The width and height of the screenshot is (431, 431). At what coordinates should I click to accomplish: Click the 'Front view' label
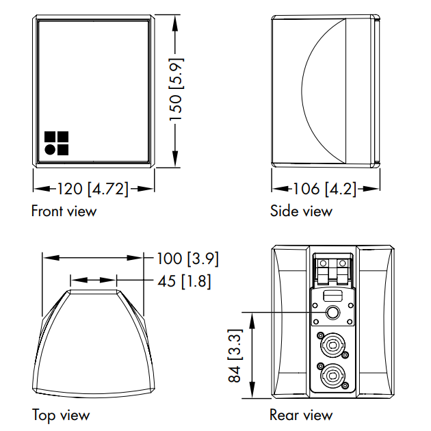64,211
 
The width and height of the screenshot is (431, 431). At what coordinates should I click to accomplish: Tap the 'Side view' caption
301,211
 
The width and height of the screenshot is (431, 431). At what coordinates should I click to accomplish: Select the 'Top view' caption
60,415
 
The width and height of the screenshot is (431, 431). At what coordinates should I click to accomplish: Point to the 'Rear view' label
301,415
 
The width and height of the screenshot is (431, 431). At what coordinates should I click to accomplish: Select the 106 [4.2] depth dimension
325,190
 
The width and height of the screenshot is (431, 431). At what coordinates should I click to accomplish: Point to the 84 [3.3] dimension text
235,356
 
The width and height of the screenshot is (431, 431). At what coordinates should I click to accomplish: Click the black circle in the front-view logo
50,149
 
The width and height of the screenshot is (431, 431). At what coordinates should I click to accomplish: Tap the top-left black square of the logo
50,136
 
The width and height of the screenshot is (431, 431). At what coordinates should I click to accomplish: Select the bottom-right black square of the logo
63,149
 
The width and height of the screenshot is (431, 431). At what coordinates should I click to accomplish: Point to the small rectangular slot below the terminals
333,296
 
